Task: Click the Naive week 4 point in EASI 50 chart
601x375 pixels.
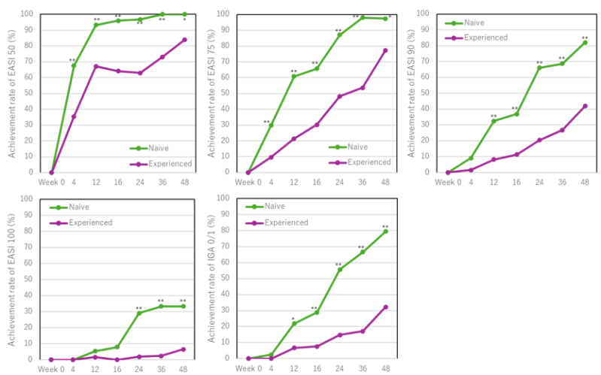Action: pos(74,65)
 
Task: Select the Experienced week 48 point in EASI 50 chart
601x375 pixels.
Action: pos(184,40)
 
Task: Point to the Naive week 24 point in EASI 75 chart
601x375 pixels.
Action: pos(339,35)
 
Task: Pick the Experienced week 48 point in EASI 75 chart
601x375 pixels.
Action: pos(385,50)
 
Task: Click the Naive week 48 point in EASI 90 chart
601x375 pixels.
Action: pos(584,42)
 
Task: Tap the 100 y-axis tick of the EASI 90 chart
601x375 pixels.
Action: pos(422,14)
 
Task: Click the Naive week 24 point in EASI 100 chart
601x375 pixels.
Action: pos(139,313)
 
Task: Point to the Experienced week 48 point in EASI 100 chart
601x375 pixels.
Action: pos(184,349)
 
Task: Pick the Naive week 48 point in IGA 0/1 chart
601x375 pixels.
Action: pos(385,231)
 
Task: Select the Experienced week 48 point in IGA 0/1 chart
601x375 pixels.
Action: pos(385,307)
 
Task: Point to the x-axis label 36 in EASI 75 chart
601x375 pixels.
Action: pos(362,181)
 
